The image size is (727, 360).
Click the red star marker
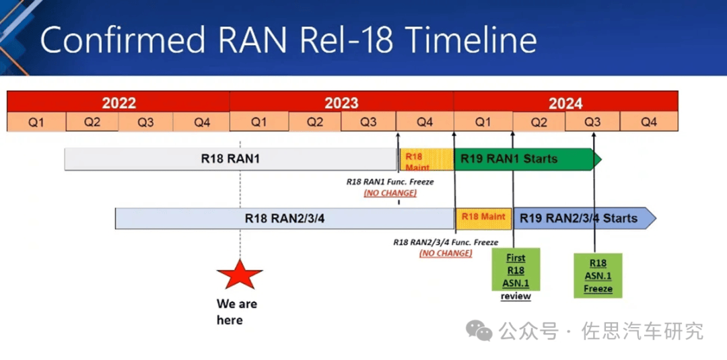[x=240, y=275]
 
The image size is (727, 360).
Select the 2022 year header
[x=118, y=102]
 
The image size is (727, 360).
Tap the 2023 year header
[x=341, y=102]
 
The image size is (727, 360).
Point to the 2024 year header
[x=565, y=102]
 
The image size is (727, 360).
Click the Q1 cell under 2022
[x=36, y=122]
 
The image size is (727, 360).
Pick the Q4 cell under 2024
[x=649, y=122]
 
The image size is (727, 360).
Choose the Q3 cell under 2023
[x=369, y=122]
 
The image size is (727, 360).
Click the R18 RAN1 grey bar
[x=230, y=159]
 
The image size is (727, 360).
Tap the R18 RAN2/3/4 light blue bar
[x=285, y=218]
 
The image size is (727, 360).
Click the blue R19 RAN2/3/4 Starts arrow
[x=584, y=218]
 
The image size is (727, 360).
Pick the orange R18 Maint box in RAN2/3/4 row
[x=483, y=218]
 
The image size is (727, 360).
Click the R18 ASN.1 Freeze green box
[x=598, y=276]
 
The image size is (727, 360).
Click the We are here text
[x=237, y=312]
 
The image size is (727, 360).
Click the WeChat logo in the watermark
[x=479, y=331]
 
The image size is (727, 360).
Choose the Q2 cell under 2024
[x=539, y=122]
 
